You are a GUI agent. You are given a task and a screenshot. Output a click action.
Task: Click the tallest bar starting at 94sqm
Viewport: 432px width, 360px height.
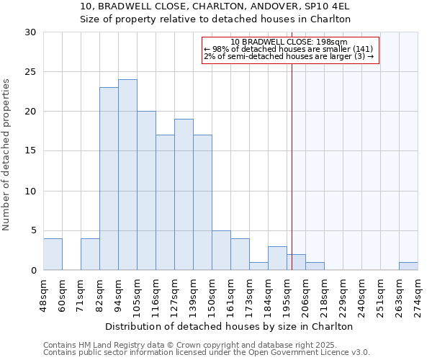click(x=127, y=175)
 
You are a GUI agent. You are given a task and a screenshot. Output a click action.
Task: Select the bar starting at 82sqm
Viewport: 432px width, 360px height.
click(x=109, y=179)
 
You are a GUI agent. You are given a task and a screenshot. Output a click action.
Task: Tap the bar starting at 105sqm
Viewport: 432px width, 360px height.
click(x=146, y=191)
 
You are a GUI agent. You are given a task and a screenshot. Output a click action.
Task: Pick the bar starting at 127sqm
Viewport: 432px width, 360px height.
click(x=184, y=194)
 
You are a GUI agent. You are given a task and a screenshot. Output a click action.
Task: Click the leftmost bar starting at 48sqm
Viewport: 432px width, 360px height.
click(x=53, y=254)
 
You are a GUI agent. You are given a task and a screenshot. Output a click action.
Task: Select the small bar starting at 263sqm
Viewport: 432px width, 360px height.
click(x=408, y=266)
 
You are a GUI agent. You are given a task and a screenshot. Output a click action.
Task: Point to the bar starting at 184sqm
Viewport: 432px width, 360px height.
click(x=277, y=258)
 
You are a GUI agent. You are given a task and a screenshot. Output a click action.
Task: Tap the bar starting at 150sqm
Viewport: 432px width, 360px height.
click(x=221, y=251)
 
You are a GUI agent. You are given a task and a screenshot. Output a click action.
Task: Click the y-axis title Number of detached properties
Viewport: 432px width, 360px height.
click(x=7, y=155)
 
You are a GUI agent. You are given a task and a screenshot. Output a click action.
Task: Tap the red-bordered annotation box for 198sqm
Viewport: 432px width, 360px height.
click(x=289, y=50)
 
